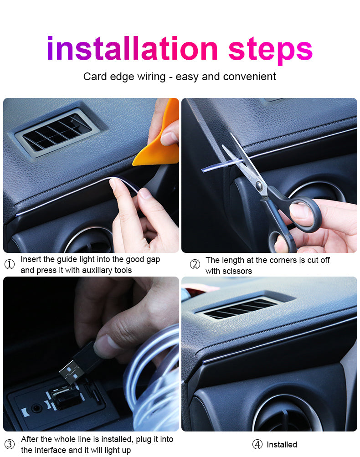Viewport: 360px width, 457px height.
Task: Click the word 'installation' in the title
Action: [132, 49]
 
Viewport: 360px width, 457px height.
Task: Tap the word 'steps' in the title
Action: [270, 49]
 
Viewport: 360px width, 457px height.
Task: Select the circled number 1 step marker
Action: [9, 264]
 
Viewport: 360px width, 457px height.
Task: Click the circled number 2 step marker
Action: [195, 264]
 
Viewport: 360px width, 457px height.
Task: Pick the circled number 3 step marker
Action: [9, 444]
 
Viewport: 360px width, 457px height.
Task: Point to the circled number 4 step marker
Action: [257, 444]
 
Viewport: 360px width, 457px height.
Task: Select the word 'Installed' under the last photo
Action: [282, 444]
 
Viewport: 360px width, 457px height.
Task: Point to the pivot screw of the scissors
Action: [259, 185]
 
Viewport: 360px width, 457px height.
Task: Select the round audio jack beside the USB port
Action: [36, 408]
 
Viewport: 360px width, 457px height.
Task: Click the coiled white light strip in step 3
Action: [155, 378]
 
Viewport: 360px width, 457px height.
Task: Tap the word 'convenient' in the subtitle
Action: [249, 77]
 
